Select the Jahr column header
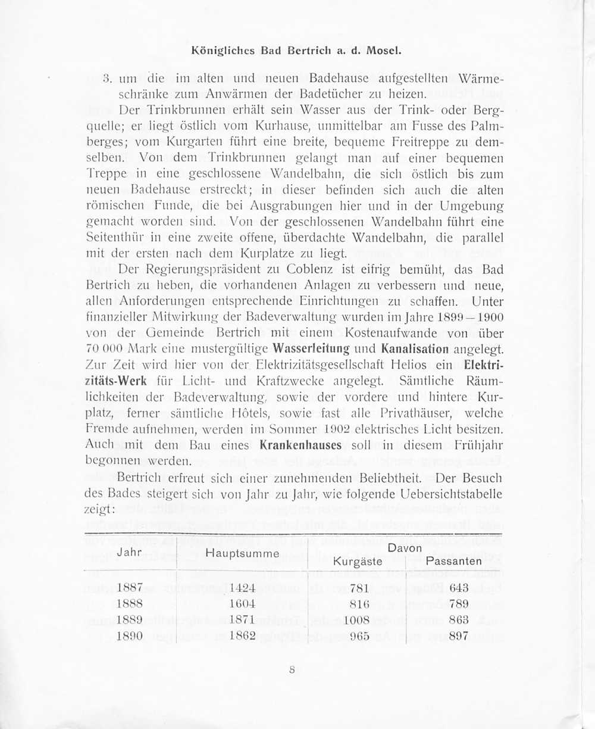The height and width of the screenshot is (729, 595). (x=129, y=552)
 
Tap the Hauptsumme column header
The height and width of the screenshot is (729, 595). (x=242, y=553)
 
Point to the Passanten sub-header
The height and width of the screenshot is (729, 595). (x=454, y=561)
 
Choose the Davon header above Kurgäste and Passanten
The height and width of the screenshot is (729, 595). (x=405, y=547)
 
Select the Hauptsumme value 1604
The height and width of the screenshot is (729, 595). (x=242, y=603)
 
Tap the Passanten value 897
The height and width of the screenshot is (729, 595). (x=459, y=635)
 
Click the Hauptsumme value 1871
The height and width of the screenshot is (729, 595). (x=242, y=619)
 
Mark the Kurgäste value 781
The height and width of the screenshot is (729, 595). (x=360, y=588)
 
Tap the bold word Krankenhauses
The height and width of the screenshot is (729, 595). (x=300, y=445)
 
